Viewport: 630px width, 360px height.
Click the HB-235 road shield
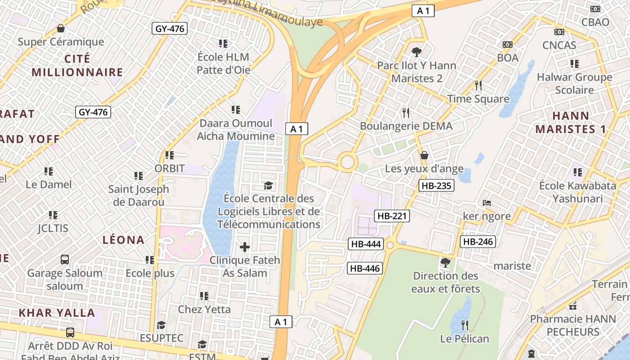pos(436,185)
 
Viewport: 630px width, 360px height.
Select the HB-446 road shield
pos(365,269)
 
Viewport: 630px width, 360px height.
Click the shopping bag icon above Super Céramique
pos(61,29)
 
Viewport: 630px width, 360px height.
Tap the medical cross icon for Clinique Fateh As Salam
pos(245,247)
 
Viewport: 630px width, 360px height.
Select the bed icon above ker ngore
pos(487,203)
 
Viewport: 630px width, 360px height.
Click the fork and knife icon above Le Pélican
pos(465,325)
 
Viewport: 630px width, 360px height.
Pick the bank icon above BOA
pos(508,45)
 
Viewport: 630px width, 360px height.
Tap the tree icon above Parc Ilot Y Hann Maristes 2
pos(417,52)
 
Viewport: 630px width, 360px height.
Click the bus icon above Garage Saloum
pos(65,260)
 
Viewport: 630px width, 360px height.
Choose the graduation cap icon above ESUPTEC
pos(161,325)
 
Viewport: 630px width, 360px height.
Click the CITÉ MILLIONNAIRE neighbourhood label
pos(77,66)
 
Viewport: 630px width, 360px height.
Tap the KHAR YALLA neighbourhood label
pos(57,313)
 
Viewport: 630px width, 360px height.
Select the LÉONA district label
pos(123,240)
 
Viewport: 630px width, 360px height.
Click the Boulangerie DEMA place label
pos(406,126)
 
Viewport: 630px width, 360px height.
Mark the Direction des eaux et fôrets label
pos(445,282)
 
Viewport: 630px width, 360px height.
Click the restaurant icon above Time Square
pos(478,85)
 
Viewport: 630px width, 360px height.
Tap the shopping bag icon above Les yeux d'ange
pos(424,155)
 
